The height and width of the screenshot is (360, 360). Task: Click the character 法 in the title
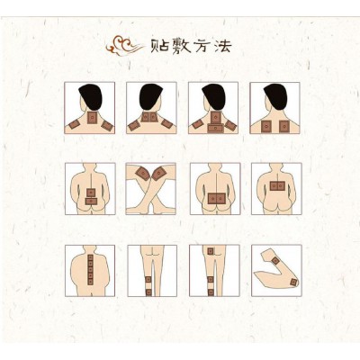click(222, 46)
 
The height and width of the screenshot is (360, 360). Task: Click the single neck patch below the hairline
click(92, 118)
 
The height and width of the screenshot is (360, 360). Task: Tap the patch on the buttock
click(211, 251)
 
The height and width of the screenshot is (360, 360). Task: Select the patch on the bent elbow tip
click(293, 282)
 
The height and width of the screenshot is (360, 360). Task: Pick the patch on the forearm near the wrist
click(275, 261)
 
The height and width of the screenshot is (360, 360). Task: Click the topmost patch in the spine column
click(90, 257)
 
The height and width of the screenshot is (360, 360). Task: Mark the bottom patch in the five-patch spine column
click(90, 282)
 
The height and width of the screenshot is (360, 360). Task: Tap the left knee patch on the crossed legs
click(143, 174)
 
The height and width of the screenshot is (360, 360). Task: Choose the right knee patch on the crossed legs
click(159, 174)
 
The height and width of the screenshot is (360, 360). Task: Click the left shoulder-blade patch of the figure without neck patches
click(265, 127)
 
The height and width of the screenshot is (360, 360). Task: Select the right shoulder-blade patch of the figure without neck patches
click(283, 127)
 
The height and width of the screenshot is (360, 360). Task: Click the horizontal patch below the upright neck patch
click(216, 128)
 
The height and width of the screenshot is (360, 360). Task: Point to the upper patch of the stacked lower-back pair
click(91, 192)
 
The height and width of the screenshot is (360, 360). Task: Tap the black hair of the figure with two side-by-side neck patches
click(151, 96)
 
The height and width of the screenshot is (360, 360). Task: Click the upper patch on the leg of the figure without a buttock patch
click(148, 280)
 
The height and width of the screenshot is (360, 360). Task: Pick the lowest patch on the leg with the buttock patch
click(211, 292)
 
